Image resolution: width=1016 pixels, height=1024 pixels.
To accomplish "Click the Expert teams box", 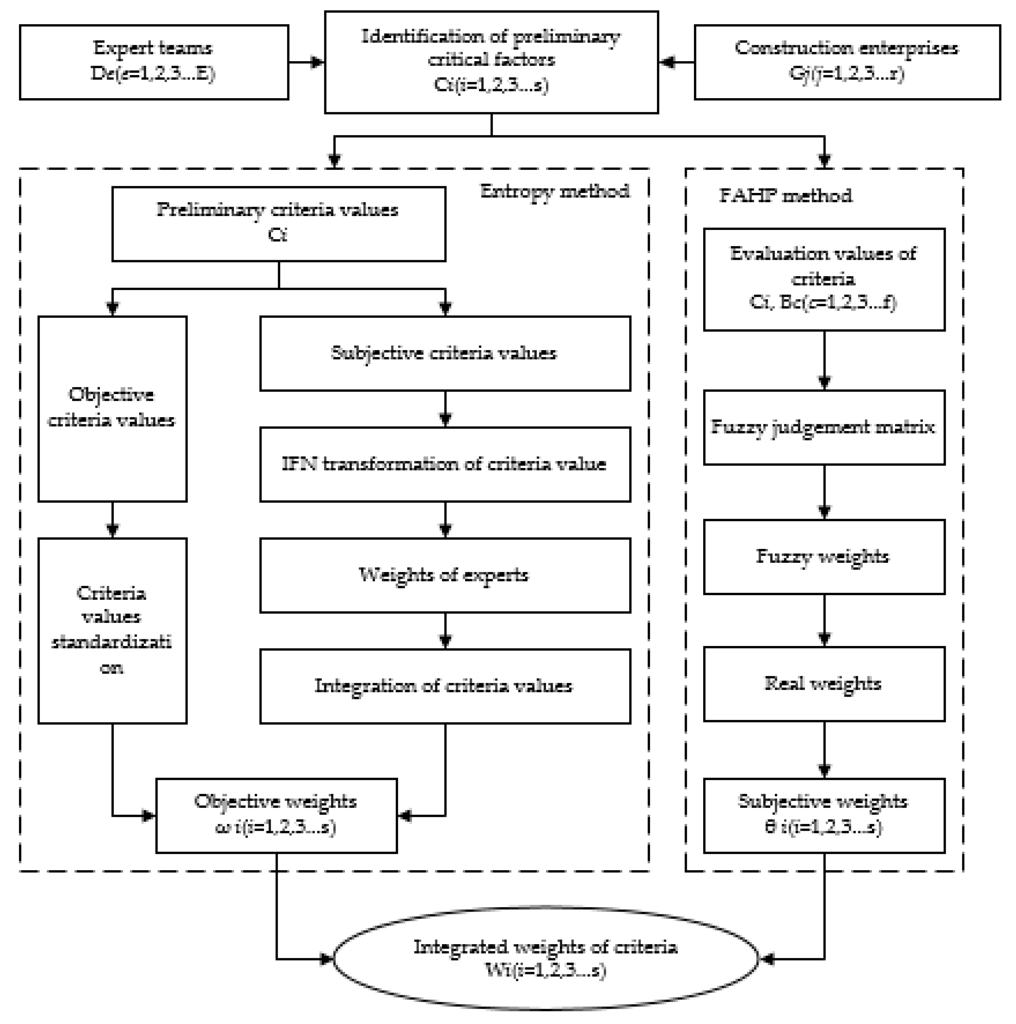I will point(154,62).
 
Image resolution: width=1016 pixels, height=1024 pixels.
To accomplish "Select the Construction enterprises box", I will point(847,62).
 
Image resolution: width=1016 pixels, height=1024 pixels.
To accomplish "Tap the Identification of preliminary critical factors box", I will point(491,62).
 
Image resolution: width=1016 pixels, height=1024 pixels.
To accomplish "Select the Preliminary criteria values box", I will point(278,223).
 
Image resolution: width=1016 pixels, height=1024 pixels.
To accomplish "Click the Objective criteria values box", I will point(112,408).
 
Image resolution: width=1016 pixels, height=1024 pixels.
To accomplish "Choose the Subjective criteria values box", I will point(445,353).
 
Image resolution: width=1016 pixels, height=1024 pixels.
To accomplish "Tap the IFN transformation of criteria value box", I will point(445,464).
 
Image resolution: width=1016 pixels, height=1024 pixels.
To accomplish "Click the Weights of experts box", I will point(445,575).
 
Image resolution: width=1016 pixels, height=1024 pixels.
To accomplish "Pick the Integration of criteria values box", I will point(445,686).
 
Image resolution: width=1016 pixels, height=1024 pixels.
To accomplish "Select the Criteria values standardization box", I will point(112,631).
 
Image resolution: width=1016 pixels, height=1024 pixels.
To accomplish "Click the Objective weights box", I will point(276,815).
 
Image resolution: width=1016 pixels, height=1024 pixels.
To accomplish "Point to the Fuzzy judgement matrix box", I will point(824,428).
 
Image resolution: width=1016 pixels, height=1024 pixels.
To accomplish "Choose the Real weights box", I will point(824,684).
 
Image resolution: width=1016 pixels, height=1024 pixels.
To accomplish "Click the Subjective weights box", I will point(824,815).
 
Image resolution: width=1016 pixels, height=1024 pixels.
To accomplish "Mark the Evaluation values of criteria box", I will point(824,279).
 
